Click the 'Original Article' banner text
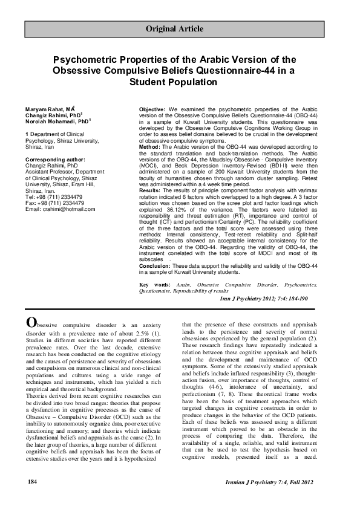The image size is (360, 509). click(x=180, y=29)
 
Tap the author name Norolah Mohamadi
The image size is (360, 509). click(x=45, y=120)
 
